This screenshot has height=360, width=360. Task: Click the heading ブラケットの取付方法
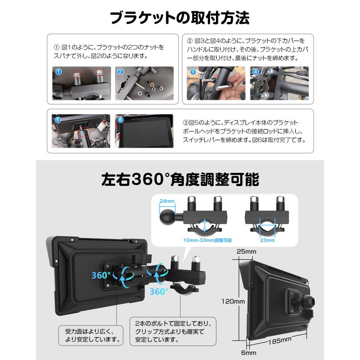[x=180, y=18]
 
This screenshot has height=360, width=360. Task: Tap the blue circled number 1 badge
[x=58, y=72]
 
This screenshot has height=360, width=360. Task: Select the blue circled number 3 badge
[x=193, y=72]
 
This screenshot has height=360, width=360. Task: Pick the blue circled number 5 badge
[x=57, y=119]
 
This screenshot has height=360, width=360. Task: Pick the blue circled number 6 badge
[x=121, y=119]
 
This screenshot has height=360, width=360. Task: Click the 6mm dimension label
[x=248, y=353]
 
